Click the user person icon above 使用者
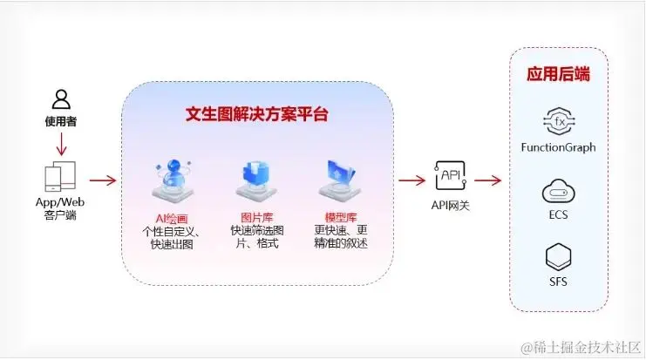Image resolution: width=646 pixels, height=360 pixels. (60, 98)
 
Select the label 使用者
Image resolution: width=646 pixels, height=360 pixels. (60, 121)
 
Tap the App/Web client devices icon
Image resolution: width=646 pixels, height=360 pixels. (60, 177)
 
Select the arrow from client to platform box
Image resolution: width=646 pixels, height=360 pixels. (103, 180)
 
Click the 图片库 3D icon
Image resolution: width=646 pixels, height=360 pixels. (254, 181)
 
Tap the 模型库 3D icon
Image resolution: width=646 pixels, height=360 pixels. (339, 180)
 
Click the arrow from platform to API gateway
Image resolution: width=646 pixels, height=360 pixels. (411, 180)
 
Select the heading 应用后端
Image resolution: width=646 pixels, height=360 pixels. (558, 74)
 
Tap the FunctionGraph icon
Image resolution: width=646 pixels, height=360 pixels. (558, 120)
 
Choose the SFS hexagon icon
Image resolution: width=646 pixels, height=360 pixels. (558, 258)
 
